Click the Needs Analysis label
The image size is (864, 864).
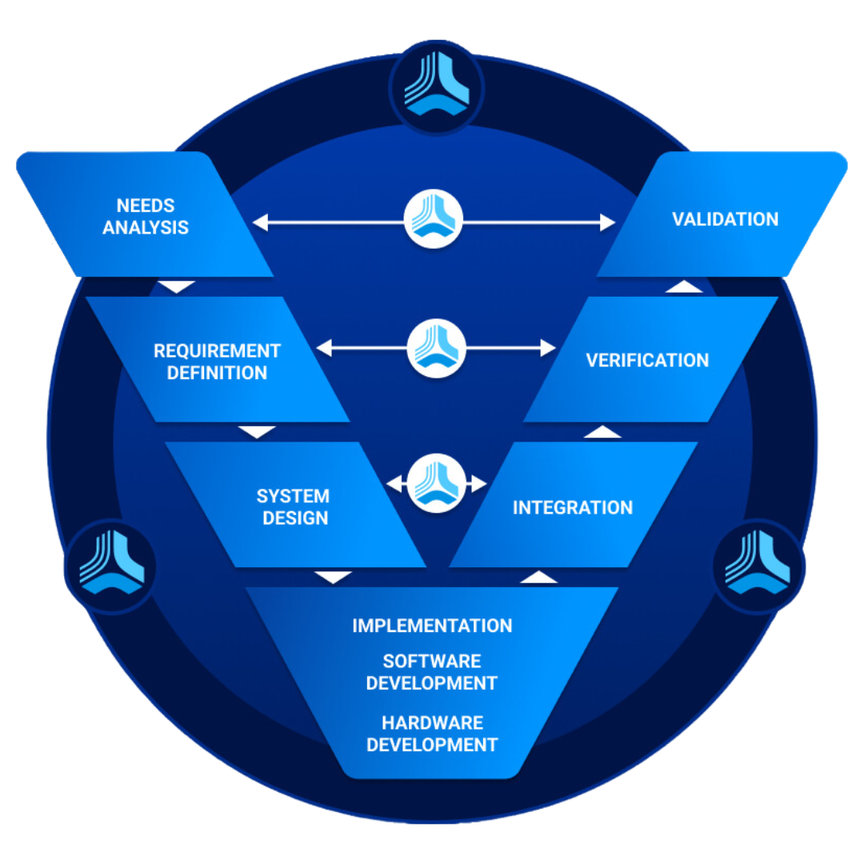point(146,217)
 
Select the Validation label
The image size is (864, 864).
point(725,219)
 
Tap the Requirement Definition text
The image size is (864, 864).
point(217,362)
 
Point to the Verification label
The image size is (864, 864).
point(647,360)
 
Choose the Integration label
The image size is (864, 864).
point(573,507)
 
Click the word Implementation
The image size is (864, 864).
point(432,626)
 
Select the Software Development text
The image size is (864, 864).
point(432,672)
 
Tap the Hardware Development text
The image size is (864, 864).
point(432,734)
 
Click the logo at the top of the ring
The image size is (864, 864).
point(436,87)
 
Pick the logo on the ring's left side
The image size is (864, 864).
point(111,566)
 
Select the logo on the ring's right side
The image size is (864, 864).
point(757,566)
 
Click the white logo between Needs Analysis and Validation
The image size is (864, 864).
point(434,219)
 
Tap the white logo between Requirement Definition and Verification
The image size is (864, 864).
point(437,348)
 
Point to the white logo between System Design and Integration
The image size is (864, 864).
point(437,483)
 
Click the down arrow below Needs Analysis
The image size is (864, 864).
point(177,286)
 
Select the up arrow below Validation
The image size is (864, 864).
point(684,286)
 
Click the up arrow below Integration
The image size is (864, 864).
point(538,577)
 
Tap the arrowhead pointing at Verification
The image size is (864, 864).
point(548,348)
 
